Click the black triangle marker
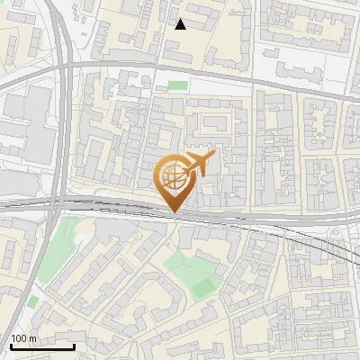180,24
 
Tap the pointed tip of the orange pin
173,212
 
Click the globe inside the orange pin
173,176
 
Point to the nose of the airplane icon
214,156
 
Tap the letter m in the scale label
33,337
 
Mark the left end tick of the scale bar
11,346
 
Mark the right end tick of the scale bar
74,346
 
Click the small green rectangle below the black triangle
178,85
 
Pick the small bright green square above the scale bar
33,301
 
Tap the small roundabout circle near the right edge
335,232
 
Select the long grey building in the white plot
301,67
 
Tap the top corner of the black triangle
180,18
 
